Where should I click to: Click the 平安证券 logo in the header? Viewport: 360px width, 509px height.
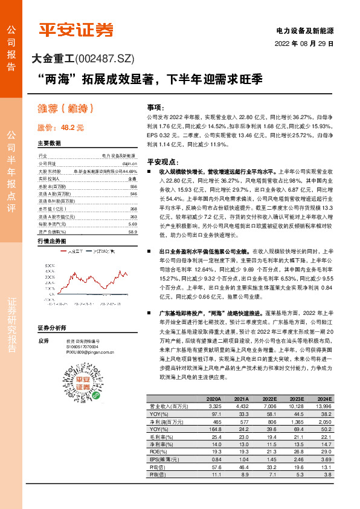pyautogui.click(x=76, y=30)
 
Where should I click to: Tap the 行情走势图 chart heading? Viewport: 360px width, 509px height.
pyautogui.click(x=53, y=241)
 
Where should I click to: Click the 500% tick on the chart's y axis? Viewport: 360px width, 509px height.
pyautogui.click(x=50, y=265)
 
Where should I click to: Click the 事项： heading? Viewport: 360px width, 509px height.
pyautogui.click(x=155, y=106)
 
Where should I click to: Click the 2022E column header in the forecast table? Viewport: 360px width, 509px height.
pyautogui.click(x=269, y=400)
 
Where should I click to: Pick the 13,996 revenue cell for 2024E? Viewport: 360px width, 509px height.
pyautogui.click(x=323, y=407)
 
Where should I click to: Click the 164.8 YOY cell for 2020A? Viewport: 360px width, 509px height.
pyautogui.click(x=214, y=429)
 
